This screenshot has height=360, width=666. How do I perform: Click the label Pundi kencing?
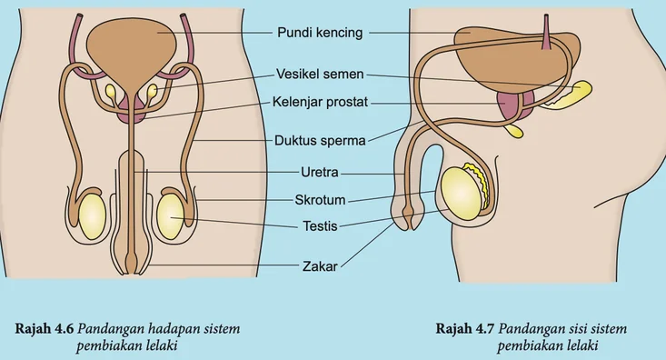tap(320, 33)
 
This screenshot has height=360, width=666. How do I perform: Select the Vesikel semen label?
tap(320, 74)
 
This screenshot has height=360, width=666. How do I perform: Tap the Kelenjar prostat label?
tap(320, 102)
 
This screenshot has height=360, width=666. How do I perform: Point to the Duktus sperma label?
tap(320, 140)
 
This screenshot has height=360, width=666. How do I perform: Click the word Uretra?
tap(320, 172)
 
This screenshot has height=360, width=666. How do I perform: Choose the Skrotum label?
tap(320, 200)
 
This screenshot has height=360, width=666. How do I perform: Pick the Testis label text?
tap(320, 225)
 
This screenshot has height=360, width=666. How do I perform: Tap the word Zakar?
tap(320, 266)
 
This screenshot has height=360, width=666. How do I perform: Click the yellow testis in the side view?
tap(460, 194)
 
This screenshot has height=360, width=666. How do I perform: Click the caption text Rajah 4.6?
tap(45, 328)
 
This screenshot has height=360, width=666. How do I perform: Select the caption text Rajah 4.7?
tap(465, 328)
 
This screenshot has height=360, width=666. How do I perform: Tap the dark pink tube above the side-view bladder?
tap(546, 32)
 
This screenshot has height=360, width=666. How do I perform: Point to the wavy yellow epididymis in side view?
tap(479, 183)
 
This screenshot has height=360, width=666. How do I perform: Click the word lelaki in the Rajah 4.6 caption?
tap(160, 345)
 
